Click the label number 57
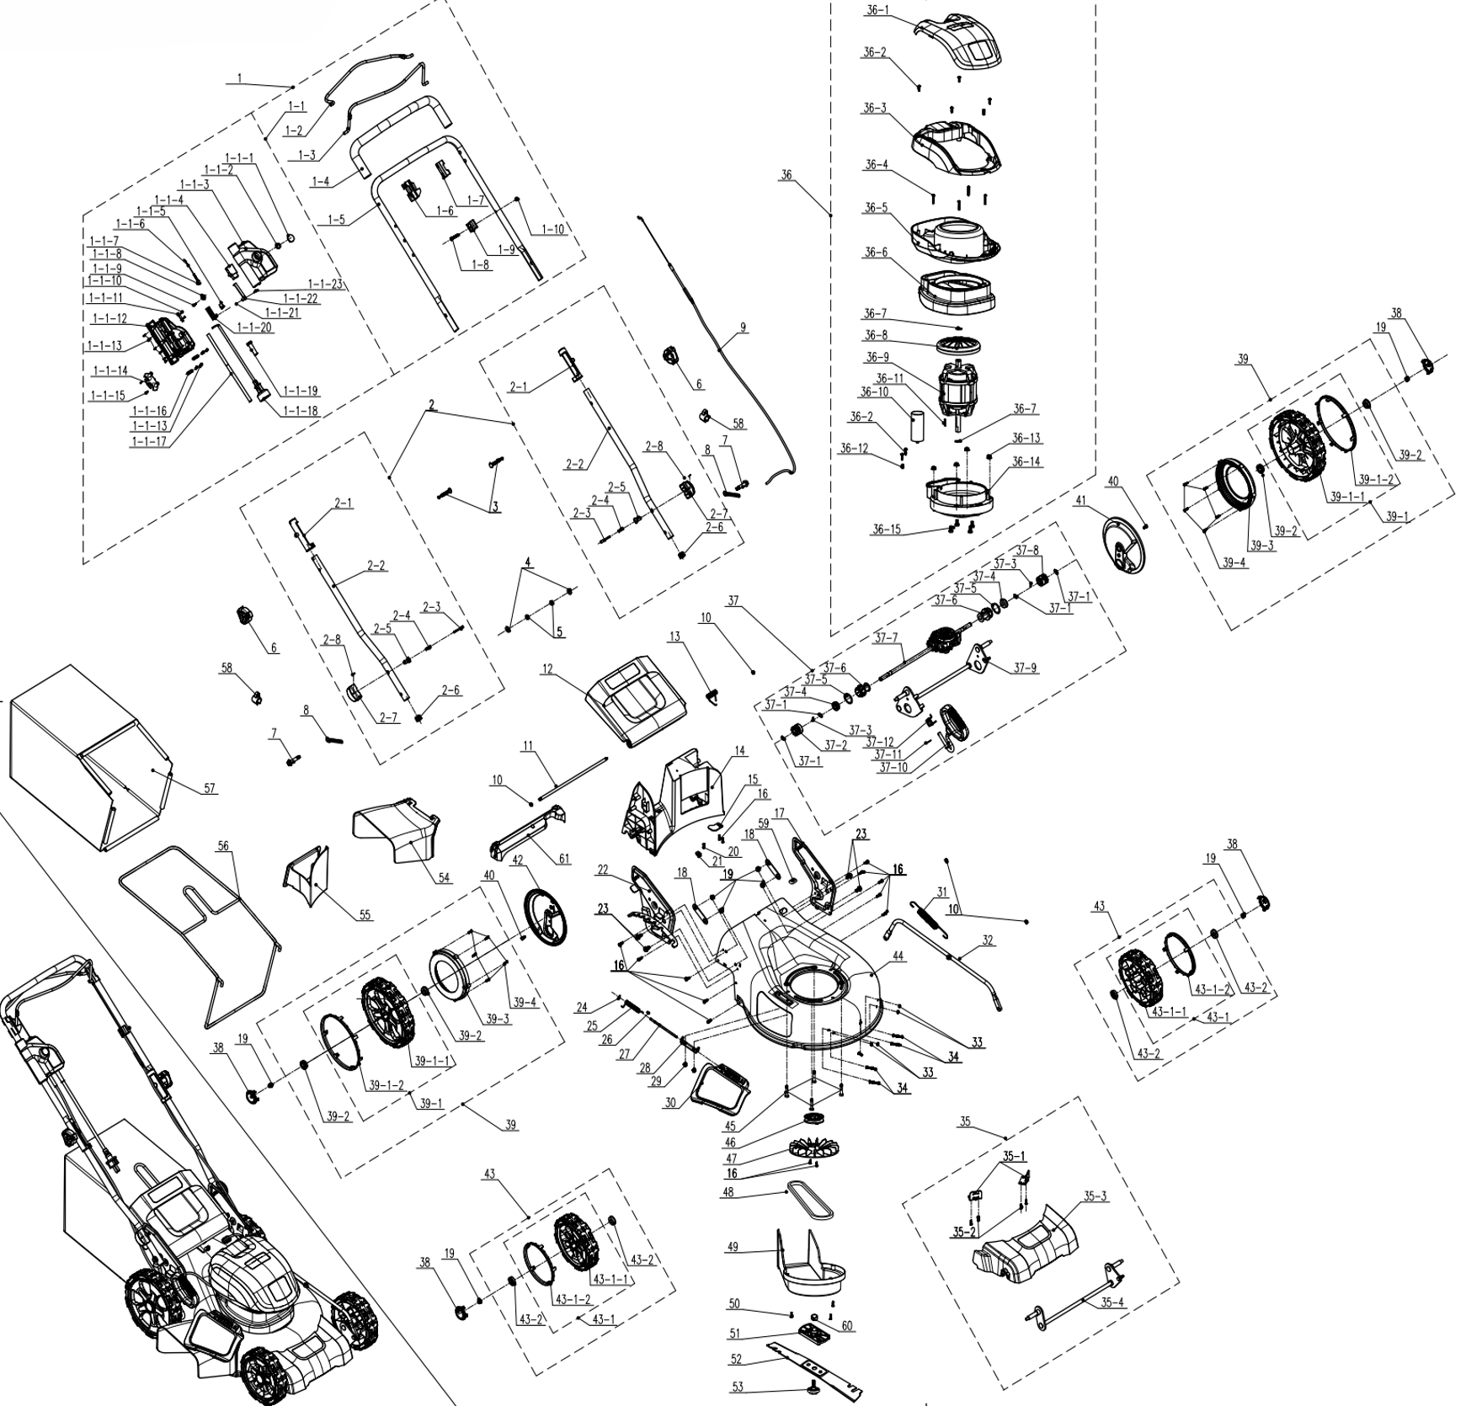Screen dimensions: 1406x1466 point(210,789)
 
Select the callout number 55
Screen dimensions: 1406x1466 point(365,915)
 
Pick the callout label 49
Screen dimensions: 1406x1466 point(733,1246)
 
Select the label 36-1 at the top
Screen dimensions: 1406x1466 point(877,10)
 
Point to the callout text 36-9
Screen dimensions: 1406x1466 point(877,356)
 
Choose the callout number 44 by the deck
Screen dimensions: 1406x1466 point(898,957)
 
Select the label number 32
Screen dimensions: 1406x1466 point(988,940)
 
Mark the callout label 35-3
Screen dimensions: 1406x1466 point(1095,1196)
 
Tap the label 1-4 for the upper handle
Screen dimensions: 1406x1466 point(320,181)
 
